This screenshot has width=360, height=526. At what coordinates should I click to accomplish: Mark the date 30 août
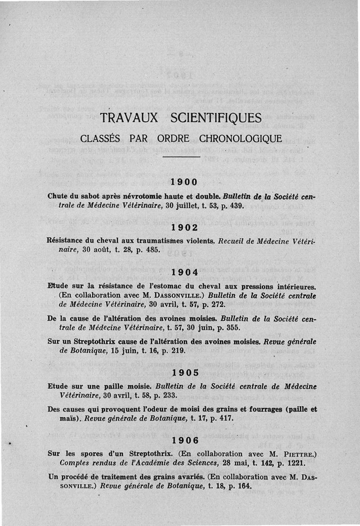click(87, 250)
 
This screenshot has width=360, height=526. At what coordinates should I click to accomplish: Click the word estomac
click(169, 285)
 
